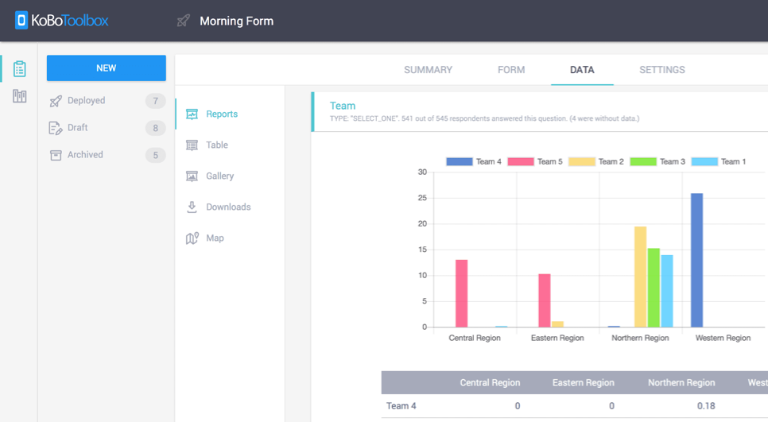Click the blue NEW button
[106, 68]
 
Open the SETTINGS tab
[661, 70]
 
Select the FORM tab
[511, 70]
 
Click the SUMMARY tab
[428, 70]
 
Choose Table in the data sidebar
[216, 145]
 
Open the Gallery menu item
[219, 176]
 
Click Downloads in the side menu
[227, 207]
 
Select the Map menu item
[215, 238]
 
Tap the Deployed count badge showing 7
[155, 101]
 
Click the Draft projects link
[77, 128]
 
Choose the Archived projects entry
[84, 155]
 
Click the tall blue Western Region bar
[696, 260]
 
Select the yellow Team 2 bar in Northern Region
[640, 277]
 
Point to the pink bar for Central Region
[461, 293]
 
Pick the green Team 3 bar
[654, 288]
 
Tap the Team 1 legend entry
[719, 162]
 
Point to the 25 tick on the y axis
[422, 198]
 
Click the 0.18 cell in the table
[704, 406]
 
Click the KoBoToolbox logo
[61, 21]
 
